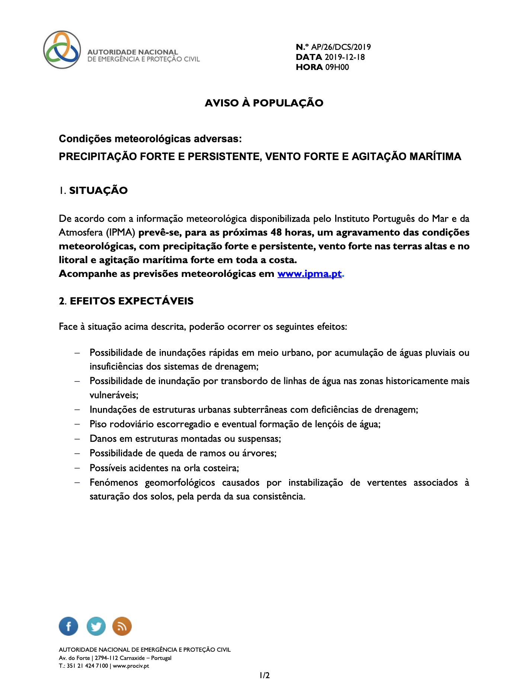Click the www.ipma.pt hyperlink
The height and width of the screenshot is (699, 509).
309,274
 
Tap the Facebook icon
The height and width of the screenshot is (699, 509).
68,626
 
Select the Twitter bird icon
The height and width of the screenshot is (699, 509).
96,626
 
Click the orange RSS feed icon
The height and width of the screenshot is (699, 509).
122,626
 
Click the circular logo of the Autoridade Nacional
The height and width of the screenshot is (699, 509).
62,50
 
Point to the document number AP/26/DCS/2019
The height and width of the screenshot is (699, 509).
341,47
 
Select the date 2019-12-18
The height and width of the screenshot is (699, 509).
345,57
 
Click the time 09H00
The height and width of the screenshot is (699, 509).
337,67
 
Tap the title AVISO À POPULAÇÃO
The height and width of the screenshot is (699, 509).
264,103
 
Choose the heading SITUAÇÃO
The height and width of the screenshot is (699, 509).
98,191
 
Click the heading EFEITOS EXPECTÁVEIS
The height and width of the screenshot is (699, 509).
132,301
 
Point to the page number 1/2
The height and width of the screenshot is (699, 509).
265,675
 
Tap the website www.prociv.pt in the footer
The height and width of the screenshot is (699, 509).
131,666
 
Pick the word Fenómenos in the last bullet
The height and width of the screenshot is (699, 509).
113,483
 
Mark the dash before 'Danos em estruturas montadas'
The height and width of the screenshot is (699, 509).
77,439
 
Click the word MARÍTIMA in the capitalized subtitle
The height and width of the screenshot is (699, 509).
435,157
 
